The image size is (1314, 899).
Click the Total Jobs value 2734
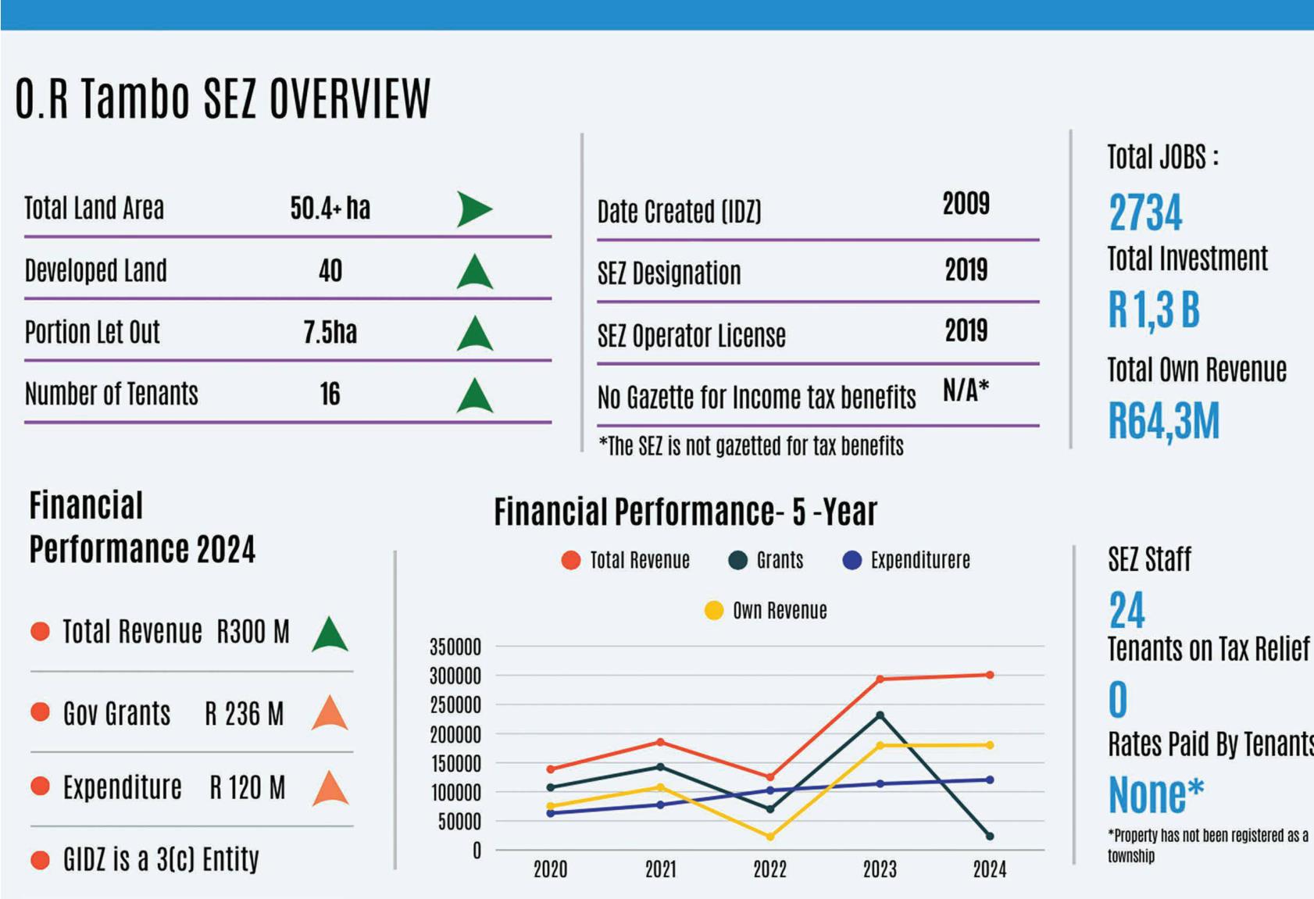point(1145,212)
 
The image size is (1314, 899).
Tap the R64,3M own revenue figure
point(1164,420)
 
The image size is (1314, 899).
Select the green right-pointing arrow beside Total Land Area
point(474,209)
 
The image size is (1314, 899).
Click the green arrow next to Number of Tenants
point(474,395)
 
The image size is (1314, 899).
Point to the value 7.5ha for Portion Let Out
point(330,332)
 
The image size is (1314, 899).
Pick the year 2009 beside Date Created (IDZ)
point(966,204)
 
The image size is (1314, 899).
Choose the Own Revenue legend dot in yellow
point(714,610)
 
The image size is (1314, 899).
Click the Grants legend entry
point(766,560)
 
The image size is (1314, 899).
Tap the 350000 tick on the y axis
point(455,647)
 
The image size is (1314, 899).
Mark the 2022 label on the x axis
point(769,869)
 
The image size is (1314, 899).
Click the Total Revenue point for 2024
point(990,675)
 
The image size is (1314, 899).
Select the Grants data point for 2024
point(990,837)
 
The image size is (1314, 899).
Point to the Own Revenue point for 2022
point(770,837)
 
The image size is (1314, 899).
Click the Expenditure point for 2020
point(550,814)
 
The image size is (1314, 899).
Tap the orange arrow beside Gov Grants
point(330,712)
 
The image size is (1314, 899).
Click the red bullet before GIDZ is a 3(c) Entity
point(40,860)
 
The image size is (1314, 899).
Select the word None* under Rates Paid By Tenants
point(1155,794)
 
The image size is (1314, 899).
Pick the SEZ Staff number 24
point(1127,610)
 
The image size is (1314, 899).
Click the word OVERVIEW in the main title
point(350,98)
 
